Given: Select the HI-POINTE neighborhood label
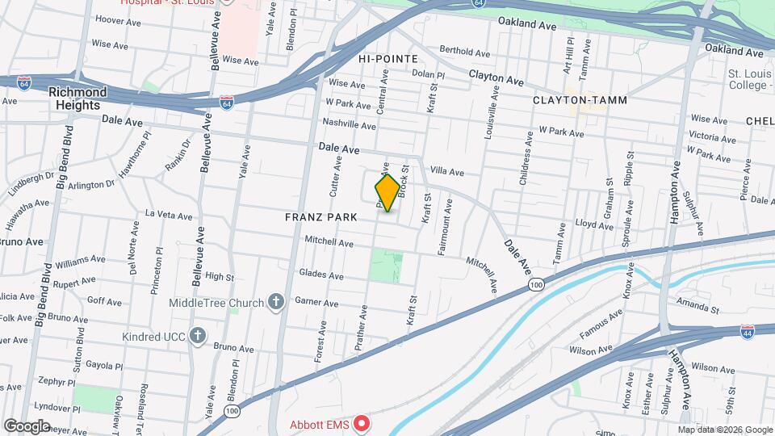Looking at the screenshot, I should click(388, 59).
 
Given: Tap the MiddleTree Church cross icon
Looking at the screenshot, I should click(276, 303).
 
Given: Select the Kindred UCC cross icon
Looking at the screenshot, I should click(197, 336).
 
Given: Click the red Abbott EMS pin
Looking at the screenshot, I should click(362, 422).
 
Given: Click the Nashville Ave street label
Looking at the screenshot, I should click(350, 125).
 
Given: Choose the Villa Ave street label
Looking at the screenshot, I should click(446, 171).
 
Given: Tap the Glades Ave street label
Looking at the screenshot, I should click(320, 275).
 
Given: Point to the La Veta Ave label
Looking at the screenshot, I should click(169, 216).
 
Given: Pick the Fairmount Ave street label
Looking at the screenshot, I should click(446, 228).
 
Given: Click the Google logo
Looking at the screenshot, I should click(27, 426).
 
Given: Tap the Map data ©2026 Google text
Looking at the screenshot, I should click(724, 430).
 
